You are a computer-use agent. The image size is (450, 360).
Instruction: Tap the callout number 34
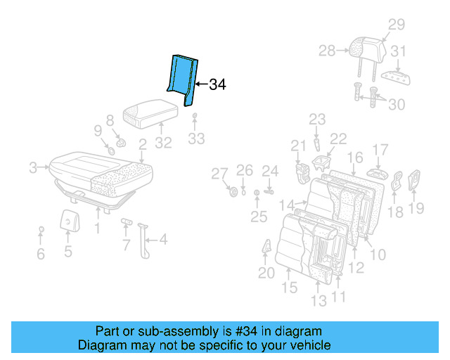click(x=217, y=85)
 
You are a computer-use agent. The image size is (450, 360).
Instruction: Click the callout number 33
click(x=196, y=139)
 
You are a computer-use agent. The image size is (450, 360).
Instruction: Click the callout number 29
click(x=397, y=25)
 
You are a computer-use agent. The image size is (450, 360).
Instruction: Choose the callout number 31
click(x=399, y=51)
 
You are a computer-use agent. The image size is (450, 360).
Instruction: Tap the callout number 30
click(x=397, y=104)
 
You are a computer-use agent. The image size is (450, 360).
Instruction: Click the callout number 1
click(x=97, y=229)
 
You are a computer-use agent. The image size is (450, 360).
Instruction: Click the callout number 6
click(x=41, y=254)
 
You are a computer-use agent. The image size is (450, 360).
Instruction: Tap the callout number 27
click(x=220, y=174)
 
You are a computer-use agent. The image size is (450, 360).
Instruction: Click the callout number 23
click(x=317, y=119)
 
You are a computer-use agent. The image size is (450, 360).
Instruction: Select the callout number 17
click(x=380, y=149)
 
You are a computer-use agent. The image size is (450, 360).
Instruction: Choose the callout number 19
click(x=416, y=207)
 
